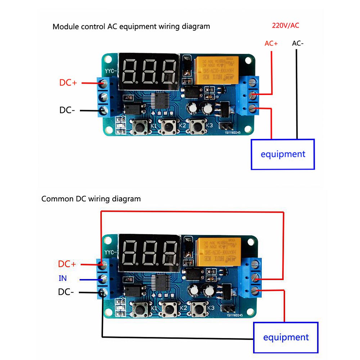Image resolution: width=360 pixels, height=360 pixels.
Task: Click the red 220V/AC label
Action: pyautogui.click(x=285, y=25)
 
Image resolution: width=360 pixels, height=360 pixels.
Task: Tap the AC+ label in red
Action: pyautogui.click(x=271, y=43)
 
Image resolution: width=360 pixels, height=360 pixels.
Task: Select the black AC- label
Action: pyautogui.click(x=298, y=43)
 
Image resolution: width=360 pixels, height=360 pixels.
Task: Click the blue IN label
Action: pyautogui.click(x=63, y=278)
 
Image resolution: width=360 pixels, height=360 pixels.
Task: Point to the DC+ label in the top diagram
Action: pyautogui.click(x=68, y=82)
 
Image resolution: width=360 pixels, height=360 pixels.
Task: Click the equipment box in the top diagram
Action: pyautogui.click(x=283, y=154)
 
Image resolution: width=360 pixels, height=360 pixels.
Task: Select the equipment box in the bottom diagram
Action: pyautogui.click(x=286, y=337)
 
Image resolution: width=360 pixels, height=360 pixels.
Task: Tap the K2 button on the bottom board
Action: pyautogui.click(x=168, y=309)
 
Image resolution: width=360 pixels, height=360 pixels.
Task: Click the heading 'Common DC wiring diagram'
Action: pyautogui.click(x=91, y=199)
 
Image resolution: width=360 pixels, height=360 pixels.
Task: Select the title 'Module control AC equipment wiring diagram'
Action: pyautogui.click(x=131, y=26)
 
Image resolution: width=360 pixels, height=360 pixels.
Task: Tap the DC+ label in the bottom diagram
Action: pyautogui.click(x=67, y=264)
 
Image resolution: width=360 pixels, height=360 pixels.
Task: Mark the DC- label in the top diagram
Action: pyautogui.click(x=67, y=110)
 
